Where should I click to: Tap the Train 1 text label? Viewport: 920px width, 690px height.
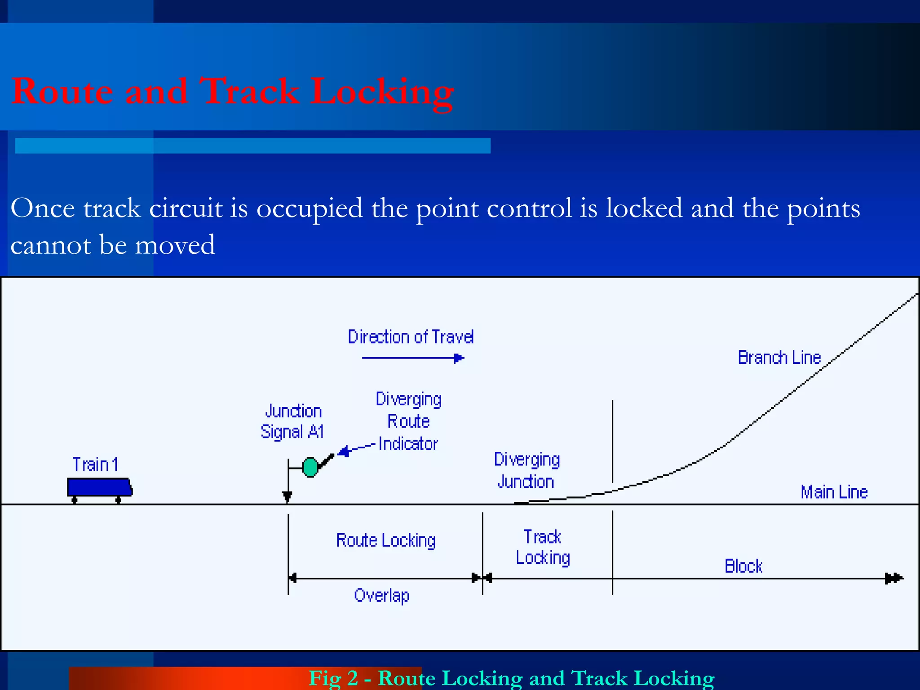click(x=95, y=464)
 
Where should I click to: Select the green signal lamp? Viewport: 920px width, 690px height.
click(x=310, y=467)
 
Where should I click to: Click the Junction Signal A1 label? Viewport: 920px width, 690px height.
click(x=292, y=421)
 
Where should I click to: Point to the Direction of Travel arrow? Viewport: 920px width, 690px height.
click(x=412, y=358)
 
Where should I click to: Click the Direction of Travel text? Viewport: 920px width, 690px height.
click(x=411, y=337)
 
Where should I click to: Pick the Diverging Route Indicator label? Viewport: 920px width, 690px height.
click(x=408, y=421)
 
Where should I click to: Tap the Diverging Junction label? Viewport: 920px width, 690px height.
click(x=526, y=470)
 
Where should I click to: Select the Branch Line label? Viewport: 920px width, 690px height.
click(x=779, y=358)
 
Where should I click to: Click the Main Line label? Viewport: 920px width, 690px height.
click(x=834, y=492)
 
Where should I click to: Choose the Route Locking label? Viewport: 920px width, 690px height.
click(x=386, y=540)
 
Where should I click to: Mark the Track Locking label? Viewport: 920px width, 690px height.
click(x=543, y=547)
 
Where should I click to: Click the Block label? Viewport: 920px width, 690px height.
click(x=743, y=566)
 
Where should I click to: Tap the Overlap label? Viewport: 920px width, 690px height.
click(x=381, y=596)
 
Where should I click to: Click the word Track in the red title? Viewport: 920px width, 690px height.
click(x=249, y=92)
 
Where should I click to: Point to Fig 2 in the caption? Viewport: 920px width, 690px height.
click(x=333, y=678)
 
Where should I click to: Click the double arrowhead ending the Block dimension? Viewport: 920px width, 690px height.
click(x=893, y=578)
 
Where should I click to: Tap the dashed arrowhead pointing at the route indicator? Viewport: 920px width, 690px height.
click(x=344, y=451)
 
